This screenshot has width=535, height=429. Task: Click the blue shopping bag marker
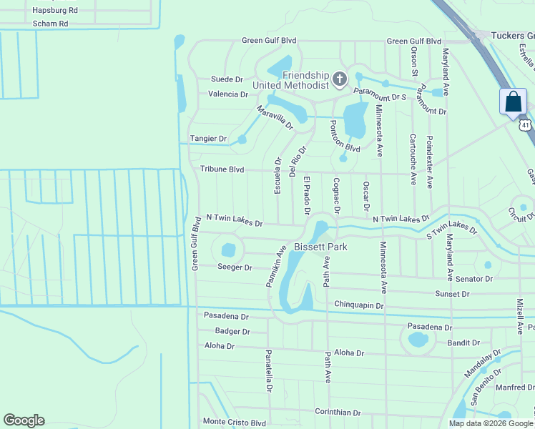[514, 102]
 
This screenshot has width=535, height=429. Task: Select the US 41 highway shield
[526, 125]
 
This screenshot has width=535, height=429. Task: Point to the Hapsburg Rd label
[54, 11]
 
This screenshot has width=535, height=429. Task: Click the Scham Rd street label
[50, 24]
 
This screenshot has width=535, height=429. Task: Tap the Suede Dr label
[227, 79]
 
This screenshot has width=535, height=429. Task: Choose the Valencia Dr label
[228, 94]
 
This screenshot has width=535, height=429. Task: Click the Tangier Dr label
[208, 139]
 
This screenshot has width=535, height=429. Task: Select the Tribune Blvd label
[222, 170]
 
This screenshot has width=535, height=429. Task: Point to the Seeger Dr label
[235, 267]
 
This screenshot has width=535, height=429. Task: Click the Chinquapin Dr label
[359, 305]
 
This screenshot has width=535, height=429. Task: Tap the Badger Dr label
[232, 332]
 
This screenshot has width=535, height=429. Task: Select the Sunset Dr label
[452, 294]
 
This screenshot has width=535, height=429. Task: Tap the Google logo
[24, 420]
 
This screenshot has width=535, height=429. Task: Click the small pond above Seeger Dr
[228, 250]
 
